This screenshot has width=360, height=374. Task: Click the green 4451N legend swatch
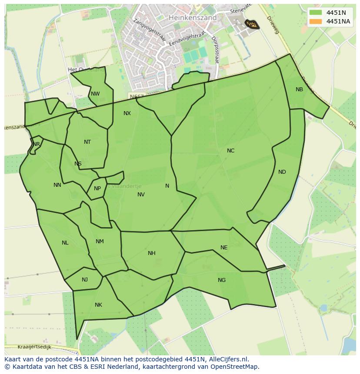316,13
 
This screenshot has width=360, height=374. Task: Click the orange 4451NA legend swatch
316,21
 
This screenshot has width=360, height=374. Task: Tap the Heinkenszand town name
192,18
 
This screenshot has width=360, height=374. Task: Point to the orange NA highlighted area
251,24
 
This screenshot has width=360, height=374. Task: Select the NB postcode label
299,89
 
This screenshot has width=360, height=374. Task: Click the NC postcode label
230,151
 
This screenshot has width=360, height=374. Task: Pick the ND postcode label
282,172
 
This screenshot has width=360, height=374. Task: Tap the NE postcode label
224,248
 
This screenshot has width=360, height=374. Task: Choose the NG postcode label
222,280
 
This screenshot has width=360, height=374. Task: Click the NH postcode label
151,253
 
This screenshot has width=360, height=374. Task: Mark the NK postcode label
98,305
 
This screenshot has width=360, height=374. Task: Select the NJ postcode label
85,280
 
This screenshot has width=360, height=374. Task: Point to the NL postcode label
65,243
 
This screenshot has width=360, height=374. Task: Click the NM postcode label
100,242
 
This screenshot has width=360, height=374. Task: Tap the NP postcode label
97,189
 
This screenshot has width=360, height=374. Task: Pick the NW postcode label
95,94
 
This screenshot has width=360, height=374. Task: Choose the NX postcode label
127,113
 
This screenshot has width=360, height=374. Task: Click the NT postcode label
87,142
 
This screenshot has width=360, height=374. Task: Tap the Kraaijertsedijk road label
35,347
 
